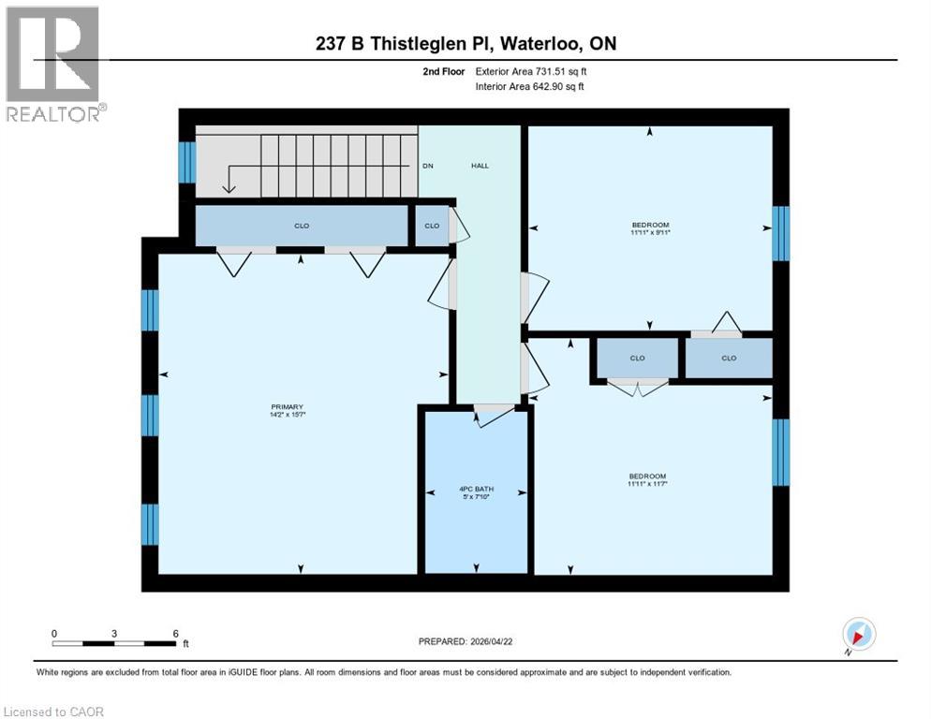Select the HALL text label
click(479, 166)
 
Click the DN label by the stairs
click(428, 166)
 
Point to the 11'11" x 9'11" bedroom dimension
click(650, 233)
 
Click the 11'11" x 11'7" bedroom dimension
click(647, 484)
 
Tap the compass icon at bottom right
click(858, 634)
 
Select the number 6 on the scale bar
click(175, 633)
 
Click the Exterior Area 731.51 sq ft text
click(531, 71)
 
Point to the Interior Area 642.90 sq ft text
click(530, 87)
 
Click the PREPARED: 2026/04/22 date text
click(465, 641)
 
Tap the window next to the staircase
click(187, 162)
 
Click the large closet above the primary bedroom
click(302, 226)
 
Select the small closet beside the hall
click(432, 226)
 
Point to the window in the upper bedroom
click(780, 234)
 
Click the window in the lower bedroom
click(780, 452)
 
